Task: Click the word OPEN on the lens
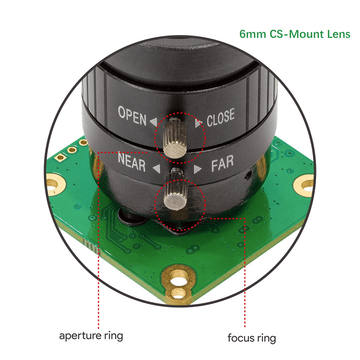[132, 116]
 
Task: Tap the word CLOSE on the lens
[220, 117]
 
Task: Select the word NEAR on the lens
[131, 162]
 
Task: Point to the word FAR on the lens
[222, 163]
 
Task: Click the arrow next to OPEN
[153, 121]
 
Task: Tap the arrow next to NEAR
[156, 169]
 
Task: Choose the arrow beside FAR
[197, 169]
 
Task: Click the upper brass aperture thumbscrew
[175, 138]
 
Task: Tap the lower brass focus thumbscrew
[175, 190]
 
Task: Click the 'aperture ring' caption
[91, 336]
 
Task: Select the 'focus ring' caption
[252, 338]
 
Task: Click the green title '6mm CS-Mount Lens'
[295, 34]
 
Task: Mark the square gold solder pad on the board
[60, 157]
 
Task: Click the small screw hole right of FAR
[247, 175]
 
